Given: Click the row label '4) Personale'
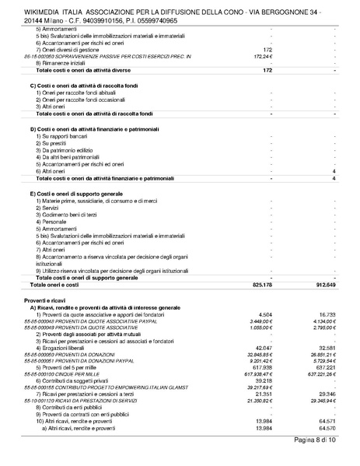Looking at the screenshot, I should tap(53, 221).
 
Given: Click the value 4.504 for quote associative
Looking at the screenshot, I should tap(264, 313).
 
